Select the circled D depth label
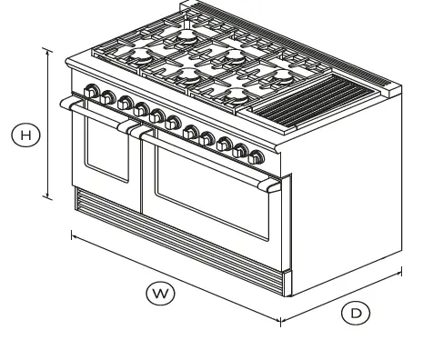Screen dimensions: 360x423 click(356, 313)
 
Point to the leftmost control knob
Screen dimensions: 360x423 click(90, 91)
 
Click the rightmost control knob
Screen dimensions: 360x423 click(257, 155)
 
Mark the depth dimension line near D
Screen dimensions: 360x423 click(341, 295)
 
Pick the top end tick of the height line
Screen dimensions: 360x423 click(48, 50)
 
